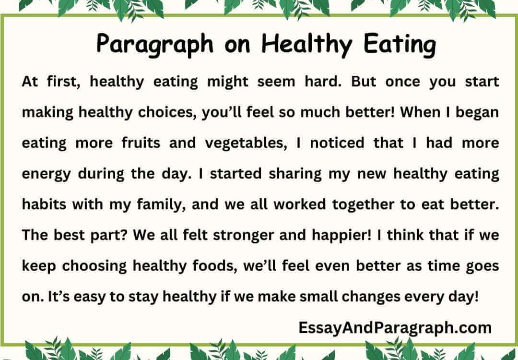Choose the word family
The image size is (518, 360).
click(x=158, y=204)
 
